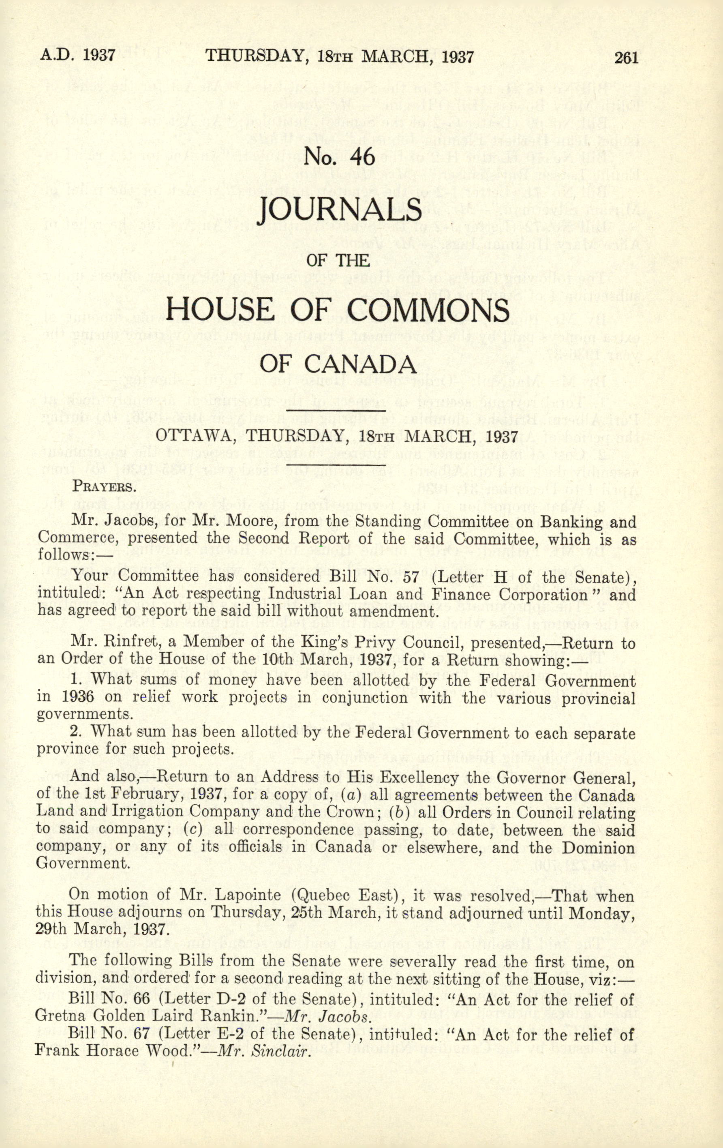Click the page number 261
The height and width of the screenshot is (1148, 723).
(626, 58)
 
